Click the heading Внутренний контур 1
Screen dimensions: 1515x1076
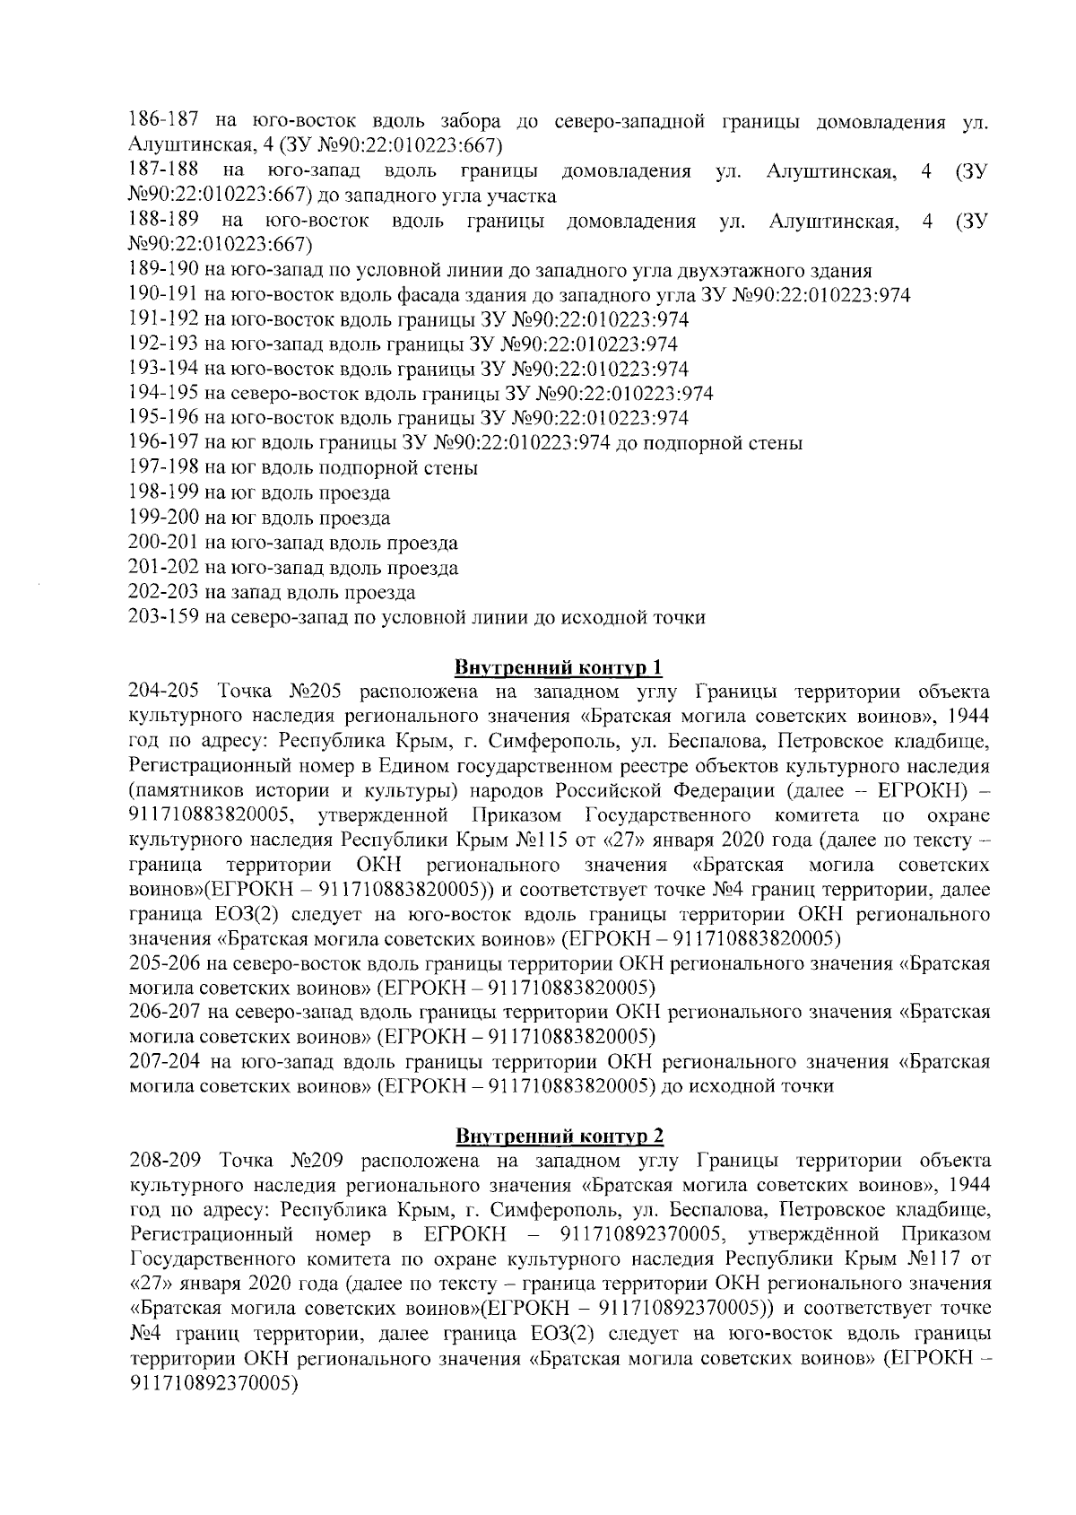(560, 667)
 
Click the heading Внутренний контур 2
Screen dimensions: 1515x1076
(560, 1136)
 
